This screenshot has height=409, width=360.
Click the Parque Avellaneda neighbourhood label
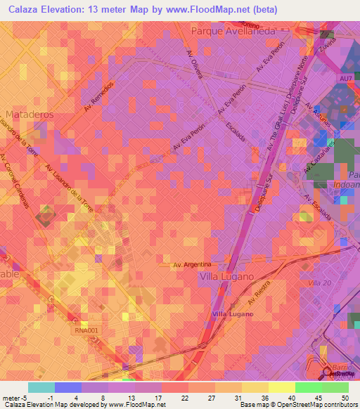coord(233,30)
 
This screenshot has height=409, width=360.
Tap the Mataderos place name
coord(28,113)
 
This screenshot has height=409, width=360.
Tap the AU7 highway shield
coord(345,79)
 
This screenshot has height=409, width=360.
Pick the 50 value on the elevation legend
coord(345,397)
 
